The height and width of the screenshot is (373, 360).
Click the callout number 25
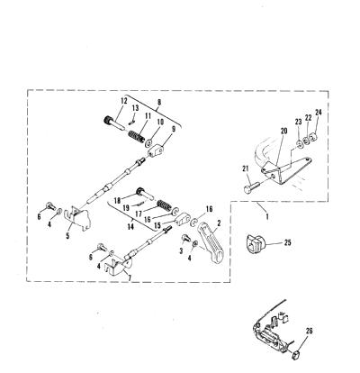(x=287, y=242)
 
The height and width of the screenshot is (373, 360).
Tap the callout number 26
(x=309, y=331)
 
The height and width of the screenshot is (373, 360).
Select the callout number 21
(x=246, y=168)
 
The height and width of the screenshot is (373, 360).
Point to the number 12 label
(x=124, y=101)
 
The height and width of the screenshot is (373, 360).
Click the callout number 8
(x=159, y=102)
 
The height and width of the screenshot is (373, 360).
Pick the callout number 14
(x=130, y=226)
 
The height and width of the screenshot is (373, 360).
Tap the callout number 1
(x=267, y=215)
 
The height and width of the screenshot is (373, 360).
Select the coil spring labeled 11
(x=136, y=137)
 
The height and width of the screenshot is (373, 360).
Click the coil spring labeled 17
(x=164, y=205)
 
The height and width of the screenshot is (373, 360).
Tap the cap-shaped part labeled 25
(x=255, y=244)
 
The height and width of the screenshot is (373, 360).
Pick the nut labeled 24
(x=313, y=138)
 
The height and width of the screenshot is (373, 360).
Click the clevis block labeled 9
(x=157, y=150)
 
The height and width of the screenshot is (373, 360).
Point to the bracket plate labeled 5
(x=78, y=219)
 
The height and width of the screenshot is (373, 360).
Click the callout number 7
(x=130, y=277)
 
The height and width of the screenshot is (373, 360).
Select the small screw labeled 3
(x=184, y=239)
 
